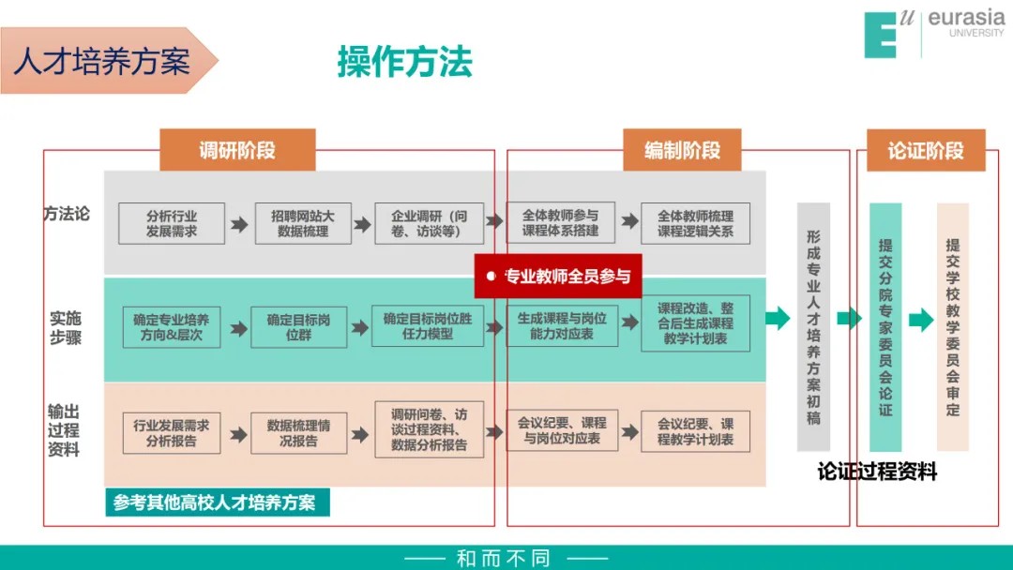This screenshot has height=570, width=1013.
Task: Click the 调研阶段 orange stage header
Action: (x=237, y=150)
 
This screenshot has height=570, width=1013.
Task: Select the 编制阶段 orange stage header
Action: (x=682, y=150)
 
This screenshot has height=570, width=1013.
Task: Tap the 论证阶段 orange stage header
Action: (x=925, y=150)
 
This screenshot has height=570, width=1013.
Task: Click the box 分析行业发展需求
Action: (x=172, y=223)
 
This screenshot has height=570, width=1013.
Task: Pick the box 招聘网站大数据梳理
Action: (x=303, y=223)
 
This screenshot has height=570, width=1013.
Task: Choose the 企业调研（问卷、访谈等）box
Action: (x=429, y=223)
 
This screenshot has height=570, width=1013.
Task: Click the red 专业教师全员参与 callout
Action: (x=558, y=276)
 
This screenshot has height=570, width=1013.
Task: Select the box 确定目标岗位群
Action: (x=298, y=326)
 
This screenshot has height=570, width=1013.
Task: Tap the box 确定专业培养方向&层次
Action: (x=172, y=326)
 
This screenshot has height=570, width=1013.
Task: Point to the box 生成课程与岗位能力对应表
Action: (x=562, y=325)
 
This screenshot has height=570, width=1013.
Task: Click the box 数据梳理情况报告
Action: (x=298, y=432)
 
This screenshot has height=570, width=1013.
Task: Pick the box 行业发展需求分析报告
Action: (x=172, y=432)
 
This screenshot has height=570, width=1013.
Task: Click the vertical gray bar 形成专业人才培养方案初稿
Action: (x=813, y=327)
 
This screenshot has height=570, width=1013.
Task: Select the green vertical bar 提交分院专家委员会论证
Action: (x=885, y=327)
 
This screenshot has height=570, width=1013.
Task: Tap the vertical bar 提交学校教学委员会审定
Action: (x=952, y=327)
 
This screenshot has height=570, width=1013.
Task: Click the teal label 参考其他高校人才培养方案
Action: (x=215, y=502)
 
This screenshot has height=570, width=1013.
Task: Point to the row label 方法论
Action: (x=67, y=214)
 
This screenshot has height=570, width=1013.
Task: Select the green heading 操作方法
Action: (x=404, y=62)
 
